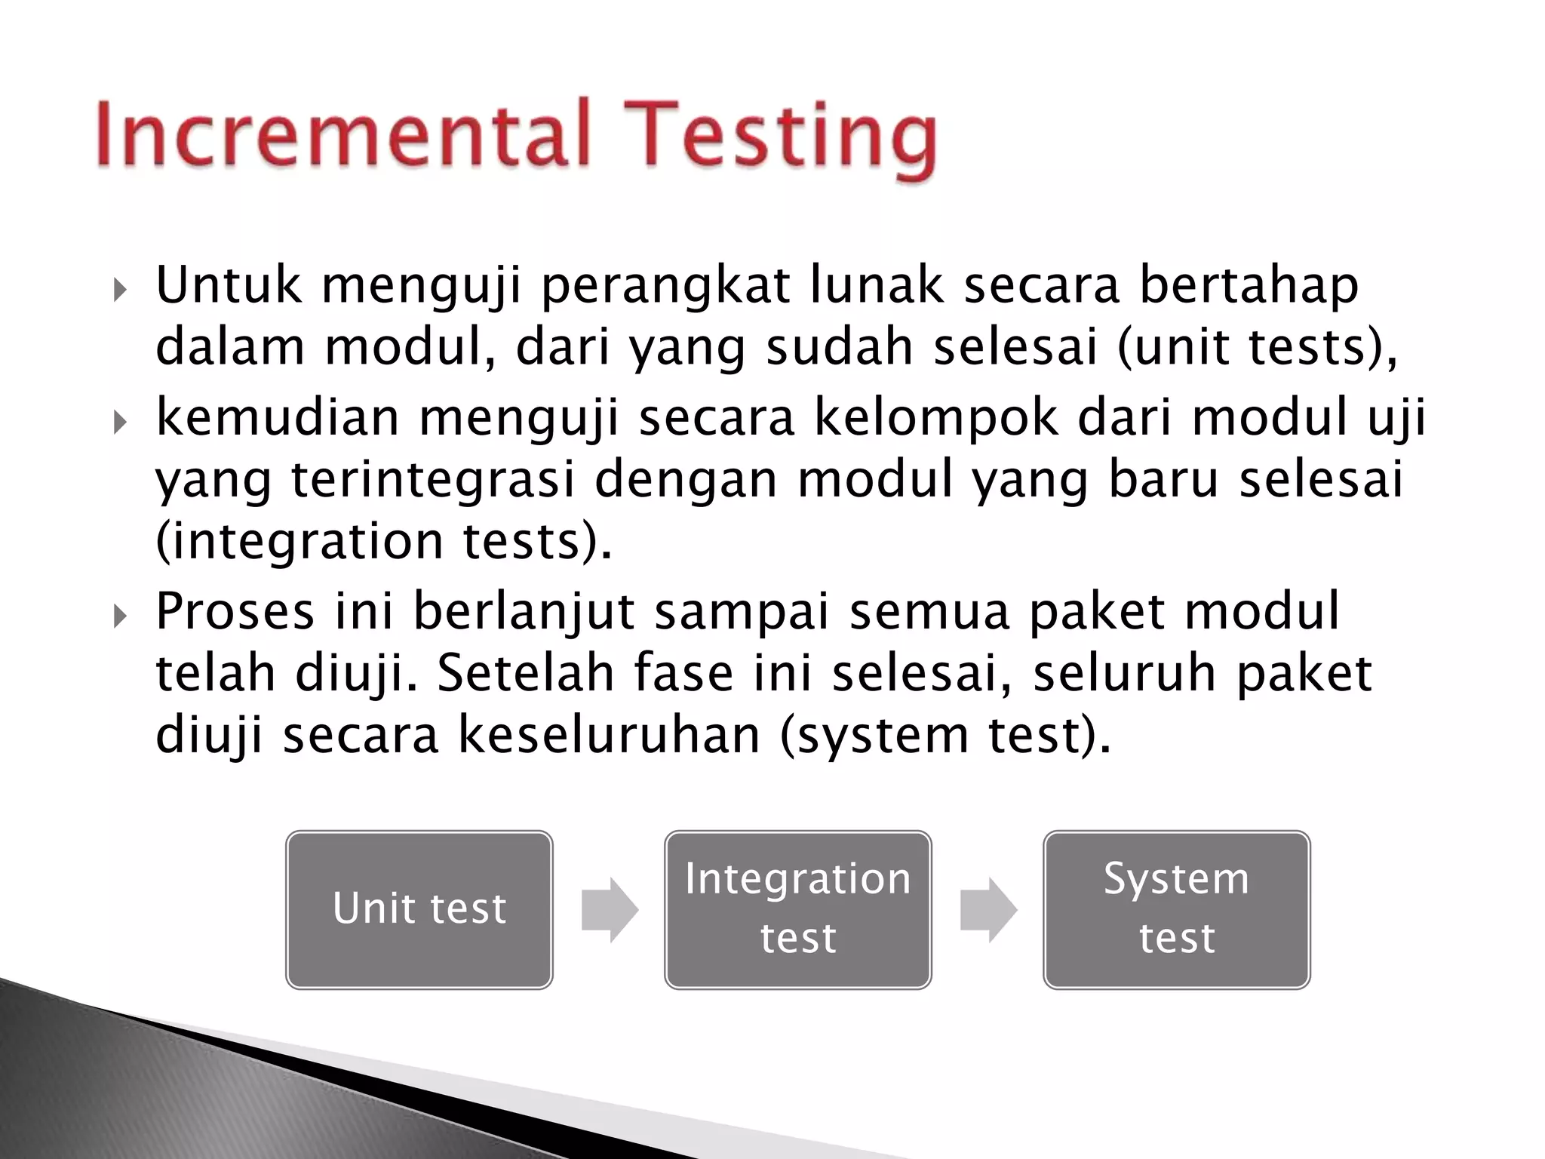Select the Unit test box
coord(419,909)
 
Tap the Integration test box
coord(798,909)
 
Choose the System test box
coord(1177,909)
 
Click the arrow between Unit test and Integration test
coord(610,910)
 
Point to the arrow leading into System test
coord(988,910)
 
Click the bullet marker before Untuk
coord(120,290)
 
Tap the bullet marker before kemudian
coord(120,423)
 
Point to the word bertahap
coord(1249,286)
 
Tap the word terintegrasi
coord(434,481)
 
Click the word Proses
coord(235,612)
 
